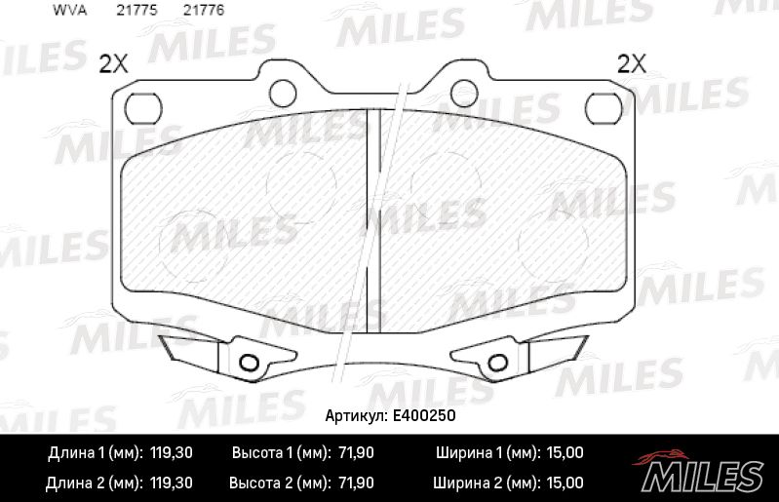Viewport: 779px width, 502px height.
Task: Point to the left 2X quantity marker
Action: tap(114, 64)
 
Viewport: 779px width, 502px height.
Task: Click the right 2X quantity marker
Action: tap(633, 64)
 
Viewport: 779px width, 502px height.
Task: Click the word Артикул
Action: tap(353, 415)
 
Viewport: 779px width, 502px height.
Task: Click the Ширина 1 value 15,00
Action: tap(562, 453)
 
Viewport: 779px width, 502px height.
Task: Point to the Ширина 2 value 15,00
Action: tap(562, 482)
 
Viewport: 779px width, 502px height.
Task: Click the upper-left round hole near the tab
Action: tap(283, 93)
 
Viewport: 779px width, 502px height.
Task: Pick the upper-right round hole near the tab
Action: tap(464, 93)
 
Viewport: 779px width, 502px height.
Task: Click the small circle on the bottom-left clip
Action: tap(249, 363)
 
